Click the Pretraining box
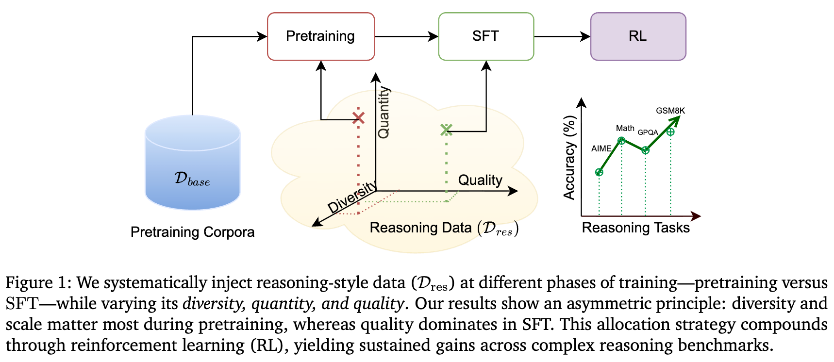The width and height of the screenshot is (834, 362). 321,36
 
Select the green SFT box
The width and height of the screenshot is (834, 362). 486,36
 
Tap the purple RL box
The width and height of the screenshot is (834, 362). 638,36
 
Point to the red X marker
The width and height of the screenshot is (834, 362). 358,117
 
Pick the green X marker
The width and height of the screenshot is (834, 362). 446,130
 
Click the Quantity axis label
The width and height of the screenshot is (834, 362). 384,113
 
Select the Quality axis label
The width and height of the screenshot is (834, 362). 480,180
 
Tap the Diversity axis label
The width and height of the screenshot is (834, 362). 352,197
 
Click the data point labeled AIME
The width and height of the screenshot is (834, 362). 599,172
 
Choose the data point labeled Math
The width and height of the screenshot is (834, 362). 621,141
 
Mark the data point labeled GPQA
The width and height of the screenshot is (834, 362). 645,150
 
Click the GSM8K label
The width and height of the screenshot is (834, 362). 670,111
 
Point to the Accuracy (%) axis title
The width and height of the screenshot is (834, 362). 569,158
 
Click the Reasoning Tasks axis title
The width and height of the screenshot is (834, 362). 635,228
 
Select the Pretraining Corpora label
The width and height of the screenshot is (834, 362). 192,232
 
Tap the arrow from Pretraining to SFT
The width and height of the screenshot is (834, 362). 406,36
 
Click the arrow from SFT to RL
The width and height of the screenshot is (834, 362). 562,36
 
